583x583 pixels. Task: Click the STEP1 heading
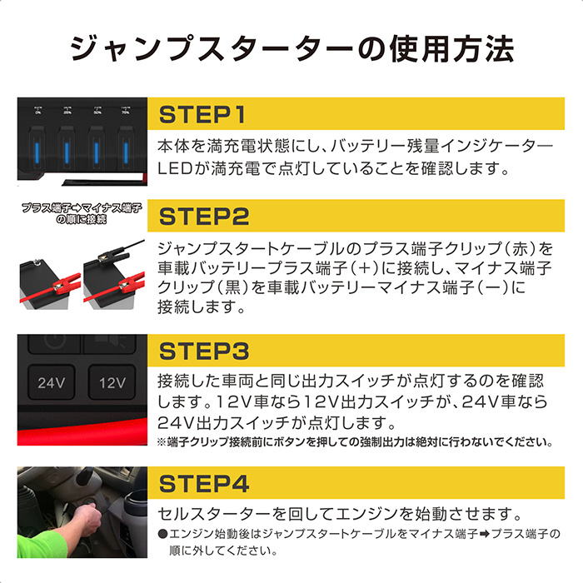pos(202,114)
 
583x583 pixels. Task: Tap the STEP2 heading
pos(204,217)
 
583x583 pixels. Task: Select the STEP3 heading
pos(204,351)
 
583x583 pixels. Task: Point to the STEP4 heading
pos(204,483)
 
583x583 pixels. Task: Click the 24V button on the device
pos(52,382)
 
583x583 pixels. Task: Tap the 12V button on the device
pos(112,382)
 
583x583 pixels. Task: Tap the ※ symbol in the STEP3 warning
pos(162,442)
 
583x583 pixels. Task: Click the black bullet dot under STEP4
pos(162,534)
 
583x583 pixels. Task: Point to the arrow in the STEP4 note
pos(484,535)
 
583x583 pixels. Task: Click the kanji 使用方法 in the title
pos(451,49)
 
